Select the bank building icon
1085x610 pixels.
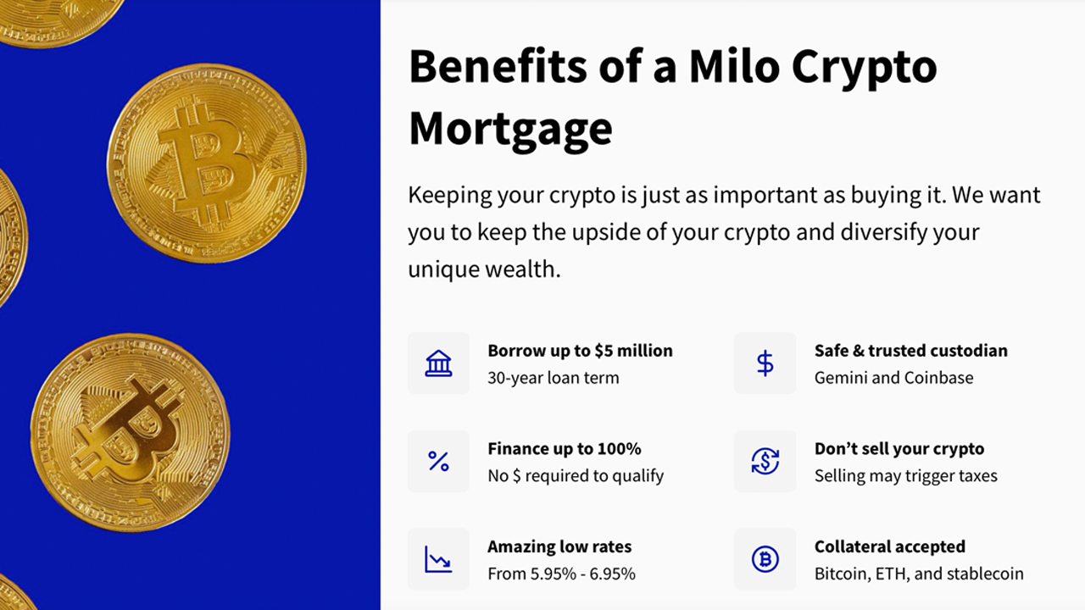[x=438, y=363]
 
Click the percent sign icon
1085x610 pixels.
[x=438, y=461]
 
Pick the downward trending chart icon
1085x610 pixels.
[x=438, y=559]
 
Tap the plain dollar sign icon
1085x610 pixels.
[x=765, y=363]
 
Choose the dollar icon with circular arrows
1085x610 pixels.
[x=765, y=461]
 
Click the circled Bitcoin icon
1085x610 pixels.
[x=765, y=559]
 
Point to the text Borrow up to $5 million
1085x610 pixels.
[x=581, y=351]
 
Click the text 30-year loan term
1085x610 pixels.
[x=554, y=378]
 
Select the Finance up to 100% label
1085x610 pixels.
[x=565, y=449]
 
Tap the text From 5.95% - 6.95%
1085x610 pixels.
[x=561, y=574]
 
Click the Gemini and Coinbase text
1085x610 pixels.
[x=893, y=378]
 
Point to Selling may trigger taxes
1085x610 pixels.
[x=906, y=476]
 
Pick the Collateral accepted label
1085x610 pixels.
[x=890, y=547]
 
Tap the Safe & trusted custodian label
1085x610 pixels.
[x=911, y=351]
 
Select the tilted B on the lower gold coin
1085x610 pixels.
[x=127, y=432]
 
